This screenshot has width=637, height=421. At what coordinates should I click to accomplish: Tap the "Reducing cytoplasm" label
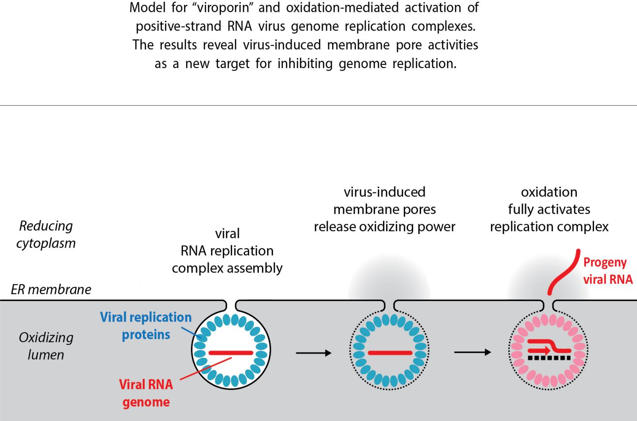coord(46,234)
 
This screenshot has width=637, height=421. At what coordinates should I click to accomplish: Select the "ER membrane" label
coord(51,289)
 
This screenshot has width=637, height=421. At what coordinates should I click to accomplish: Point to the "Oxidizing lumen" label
coord(46,346)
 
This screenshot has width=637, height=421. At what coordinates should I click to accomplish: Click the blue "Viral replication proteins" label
coord(146,325)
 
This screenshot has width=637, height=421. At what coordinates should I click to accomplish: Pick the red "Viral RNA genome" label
coord(146,393)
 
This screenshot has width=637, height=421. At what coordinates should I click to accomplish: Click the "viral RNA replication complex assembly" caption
coord(227,251)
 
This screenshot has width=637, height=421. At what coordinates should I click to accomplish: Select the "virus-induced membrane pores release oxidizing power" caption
coord(384,209)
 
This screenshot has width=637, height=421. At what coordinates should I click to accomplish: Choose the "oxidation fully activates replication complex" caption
coord(549,209)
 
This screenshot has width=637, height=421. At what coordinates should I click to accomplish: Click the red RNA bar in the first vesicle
coord(231,353)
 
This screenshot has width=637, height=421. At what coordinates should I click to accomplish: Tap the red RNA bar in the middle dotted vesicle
coord(390,353)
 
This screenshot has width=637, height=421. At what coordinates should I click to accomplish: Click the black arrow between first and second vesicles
coord(313,353)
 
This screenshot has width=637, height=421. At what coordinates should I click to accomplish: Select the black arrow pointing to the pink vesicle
coord(472,352)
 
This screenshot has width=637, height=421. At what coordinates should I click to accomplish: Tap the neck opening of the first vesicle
coord(231,305)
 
